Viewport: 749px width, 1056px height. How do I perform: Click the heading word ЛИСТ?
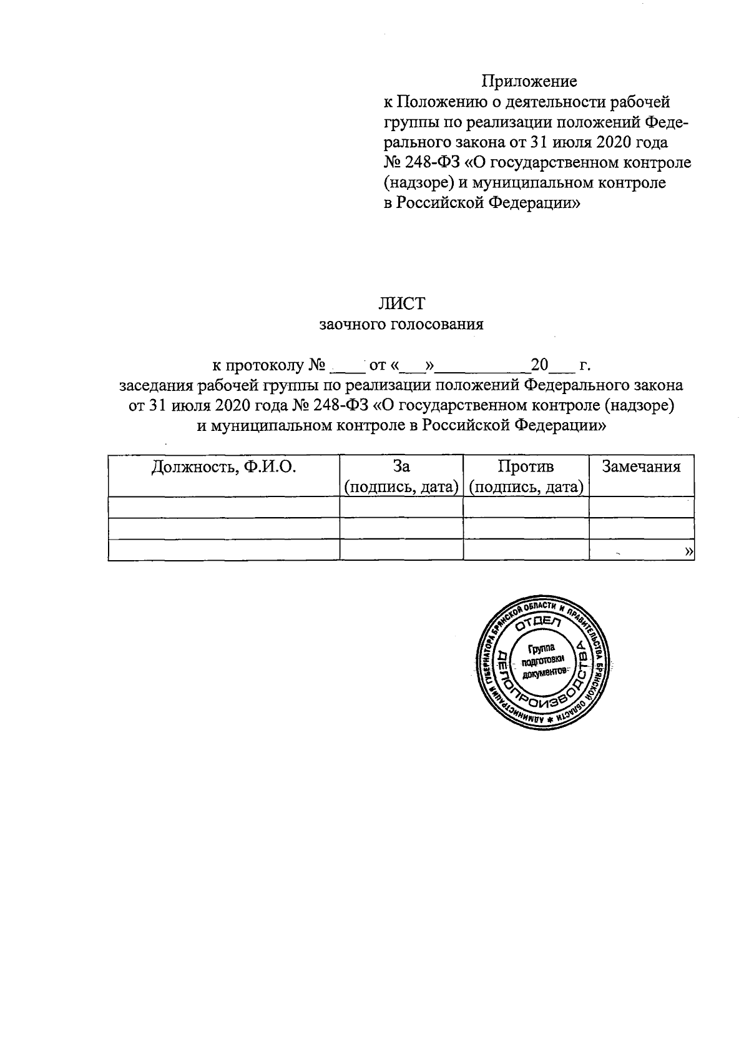click(x=401, y=304)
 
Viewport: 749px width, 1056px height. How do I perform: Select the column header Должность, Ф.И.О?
click(x=223, y=467)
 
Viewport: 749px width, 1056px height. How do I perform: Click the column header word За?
click(x=401, y=466)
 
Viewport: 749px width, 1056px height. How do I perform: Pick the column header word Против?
click(x=526, y=466)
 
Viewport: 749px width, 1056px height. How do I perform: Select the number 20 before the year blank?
click(x=539, y=364)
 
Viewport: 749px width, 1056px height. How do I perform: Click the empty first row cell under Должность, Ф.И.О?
click(x=223, y=507)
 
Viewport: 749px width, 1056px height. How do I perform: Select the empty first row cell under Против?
click(x=526, y=507)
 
